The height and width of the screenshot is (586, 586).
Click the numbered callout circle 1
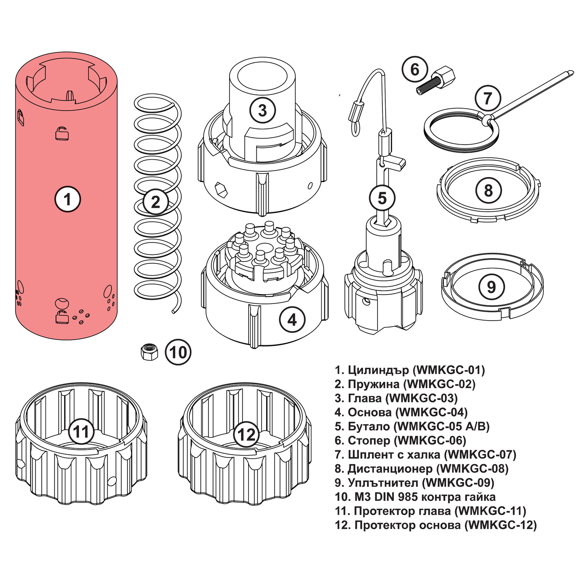[68, 199]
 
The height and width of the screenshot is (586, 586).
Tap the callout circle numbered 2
[155, 202]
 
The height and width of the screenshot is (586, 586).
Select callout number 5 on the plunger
[382, 198]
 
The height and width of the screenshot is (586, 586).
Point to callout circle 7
[487, 98]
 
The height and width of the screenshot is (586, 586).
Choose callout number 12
[246, 434]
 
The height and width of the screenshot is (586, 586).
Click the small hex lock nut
[149, 351]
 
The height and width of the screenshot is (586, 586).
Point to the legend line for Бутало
[412, 426]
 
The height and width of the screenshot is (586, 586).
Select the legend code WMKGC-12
[500, 525]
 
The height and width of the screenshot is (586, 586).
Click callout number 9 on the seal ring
[492, 287]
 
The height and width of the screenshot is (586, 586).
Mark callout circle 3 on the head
[262, 110]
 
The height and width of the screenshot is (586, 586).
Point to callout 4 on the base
[292, 320]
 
